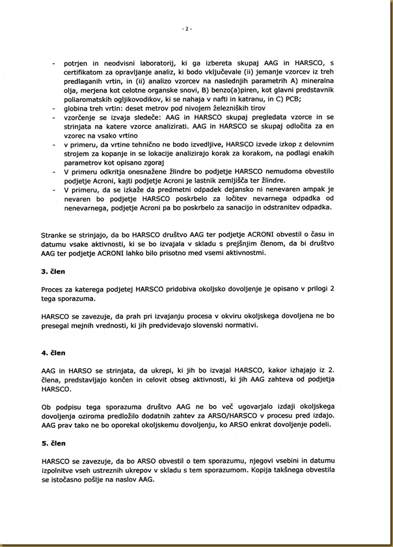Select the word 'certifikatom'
(x=87, y=73)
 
